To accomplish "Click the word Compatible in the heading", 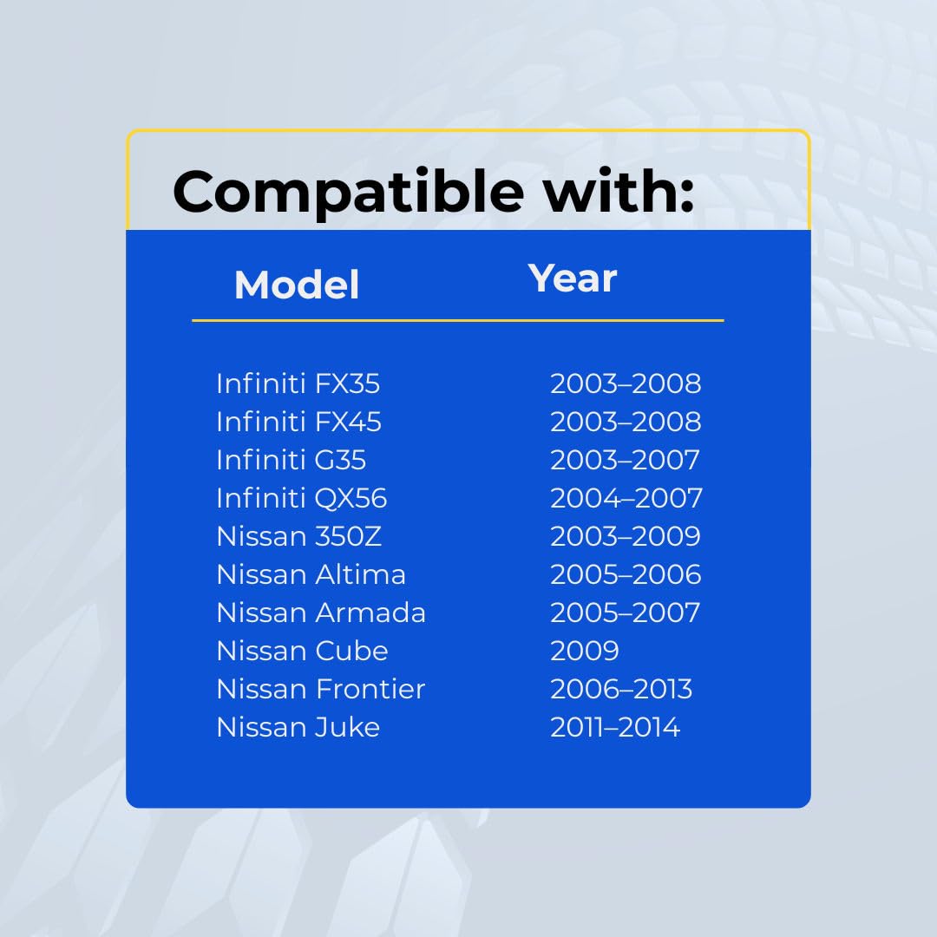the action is pyautogui.click(x=348, y=193).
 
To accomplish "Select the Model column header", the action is pyautogui.click(x=297, y=285).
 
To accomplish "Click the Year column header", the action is pyautogui.click(x=573, y=278).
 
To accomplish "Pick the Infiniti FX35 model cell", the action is pyautogui.click(x=298, y=383).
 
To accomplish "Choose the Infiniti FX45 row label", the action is pyautogui.click(x=298, y=422).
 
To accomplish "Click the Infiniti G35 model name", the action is pyautogui.click(x=291, y=460).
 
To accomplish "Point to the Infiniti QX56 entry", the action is pyautogui.click(x=302, y=498).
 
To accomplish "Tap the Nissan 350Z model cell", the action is pyautogui.click(x=298, y=537).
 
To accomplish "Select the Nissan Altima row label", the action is pyautogui.click(x=311, y=575).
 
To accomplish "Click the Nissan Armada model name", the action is pyautogui.click(x=322, y=613).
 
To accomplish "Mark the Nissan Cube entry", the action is pyautogui.click(x=303, y=652).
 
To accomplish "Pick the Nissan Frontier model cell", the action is pyautogui.click(x=321, y=690).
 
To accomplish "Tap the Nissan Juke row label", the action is pyautogui.click(x=298, y=728).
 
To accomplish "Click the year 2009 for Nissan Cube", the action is pyautogui.click(x=585, y=652).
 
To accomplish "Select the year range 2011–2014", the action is pyautogui.click(x=615, y=728).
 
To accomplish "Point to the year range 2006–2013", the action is pyautogui.click(x=621, y=690).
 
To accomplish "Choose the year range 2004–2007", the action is pyautogui.click(x=626, y=498).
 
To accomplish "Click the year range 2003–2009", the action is pyautogui.click(x=626, y=537).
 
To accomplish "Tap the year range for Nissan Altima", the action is pyautogui.click(x=626, y=575).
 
